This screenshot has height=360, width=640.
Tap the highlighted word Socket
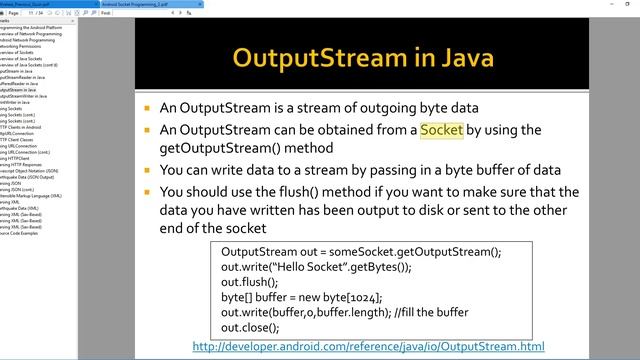441,130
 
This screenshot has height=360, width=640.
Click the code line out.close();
250,327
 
